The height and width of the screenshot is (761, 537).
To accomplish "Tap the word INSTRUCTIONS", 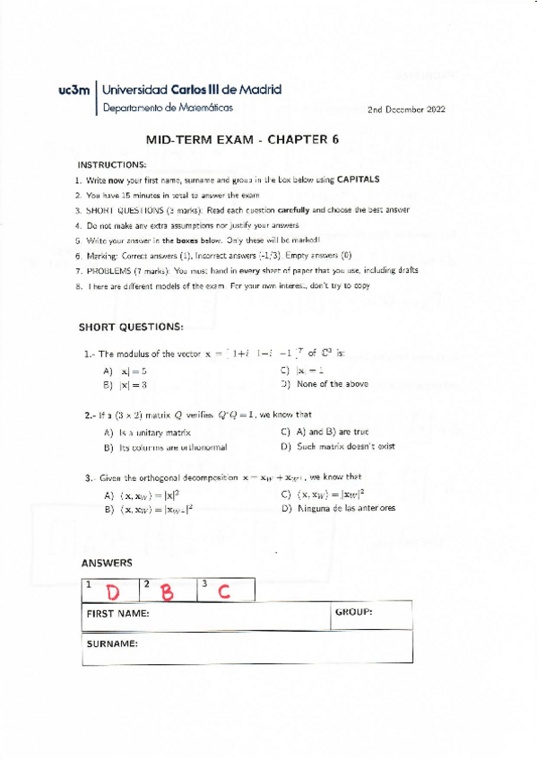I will (x=111, y=165).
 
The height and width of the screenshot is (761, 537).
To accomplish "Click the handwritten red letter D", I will (x=114, y=593).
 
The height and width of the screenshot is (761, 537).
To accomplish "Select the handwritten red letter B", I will (x=168, y=592).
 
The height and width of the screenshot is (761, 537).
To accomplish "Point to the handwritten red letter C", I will (x=223, y=591).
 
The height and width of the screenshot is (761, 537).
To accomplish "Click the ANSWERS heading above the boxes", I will (x=107, y=564).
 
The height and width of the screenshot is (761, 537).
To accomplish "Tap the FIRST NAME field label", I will (x=117, y=615).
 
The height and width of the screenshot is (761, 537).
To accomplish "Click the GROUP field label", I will (x=353, y=612).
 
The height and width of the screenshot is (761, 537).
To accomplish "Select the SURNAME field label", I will (x=111, y=644).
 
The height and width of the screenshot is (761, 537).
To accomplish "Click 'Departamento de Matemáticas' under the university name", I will (x=168, y=107).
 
